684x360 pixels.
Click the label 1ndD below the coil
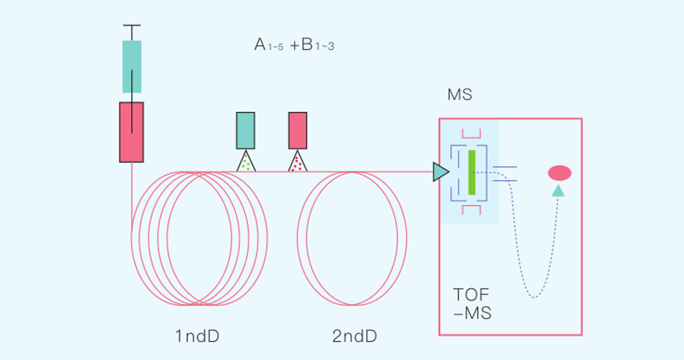197,336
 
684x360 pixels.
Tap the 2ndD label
354,336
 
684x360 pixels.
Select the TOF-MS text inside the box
473,304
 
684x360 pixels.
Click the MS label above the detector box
460,94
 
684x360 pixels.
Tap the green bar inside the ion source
472,172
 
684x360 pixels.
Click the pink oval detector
559,173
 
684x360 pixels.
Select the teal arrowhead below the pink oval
558,190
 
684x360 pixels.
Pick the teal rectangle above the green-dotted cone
246,130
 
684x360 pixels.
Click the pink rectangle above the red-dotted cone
298,130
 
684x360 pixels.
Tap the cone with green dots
246,162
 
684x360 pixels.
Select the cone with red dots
298,162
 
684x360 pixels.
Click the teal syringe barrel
132,66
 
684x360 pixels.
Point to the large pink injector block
131,132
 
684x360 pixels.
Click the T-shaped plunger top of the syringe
132,27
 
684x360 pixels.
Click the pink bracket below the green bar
471,210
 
